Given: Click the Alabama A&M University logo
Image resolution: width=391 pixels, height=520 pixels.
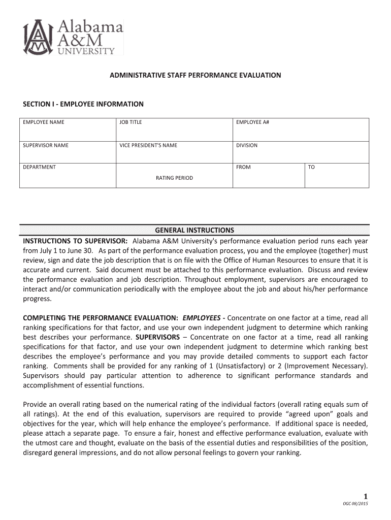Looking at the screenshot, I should point(73,37).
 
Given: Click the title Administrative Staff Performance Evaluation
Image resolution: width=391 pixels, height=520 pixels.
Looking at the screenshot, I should point(195,75).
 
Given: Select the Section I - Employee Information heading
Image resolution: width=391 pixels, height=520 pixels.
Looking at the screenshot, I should point(83,104).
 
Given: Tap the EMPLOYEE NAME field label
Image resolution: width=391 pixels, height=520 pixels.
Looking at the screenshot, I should point(44,122).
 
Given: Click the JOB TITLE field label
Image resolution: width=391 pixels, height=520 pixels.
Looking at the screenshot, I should point(131,122).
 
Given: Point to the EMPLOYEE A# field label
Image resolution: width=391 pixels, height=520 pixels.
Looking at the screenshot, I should point(252,122).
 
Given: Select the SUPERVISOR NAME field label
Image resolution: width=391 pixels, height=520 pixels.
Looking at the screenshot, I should point(46,145).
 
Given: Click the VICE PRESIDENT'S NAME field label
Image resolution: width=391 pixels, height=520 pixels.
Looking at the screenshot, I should point(148,145).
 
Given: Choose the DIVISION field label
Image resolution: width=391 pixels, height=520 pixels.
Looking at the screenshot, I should point(246,145).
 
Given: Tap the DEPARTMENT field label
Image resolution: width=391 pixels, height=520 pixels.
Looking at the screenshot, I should point(40,167).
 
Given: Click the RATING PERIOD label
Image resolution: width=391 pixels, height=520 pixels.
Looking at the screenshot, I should point(174,178).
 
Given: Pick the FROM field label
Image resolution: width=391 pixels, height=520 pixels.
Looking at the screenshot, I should point(243,167).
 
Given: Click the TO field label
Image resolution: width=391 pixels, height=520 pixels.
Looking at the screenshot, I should point(311,167).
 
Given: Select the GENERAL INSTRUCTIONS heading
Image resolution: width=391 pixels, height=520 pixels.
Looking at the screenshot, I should point(194,230).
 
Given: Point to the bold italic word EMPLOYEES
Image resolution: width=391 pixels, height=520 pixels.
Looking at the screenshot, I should point(201,318).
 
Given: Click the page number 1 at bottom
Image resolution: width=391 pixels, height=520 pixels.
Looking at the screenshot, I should point(365,496).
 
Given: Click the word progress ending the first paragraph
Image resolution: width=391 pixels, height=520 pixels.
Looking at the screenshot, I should point(37,299).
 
